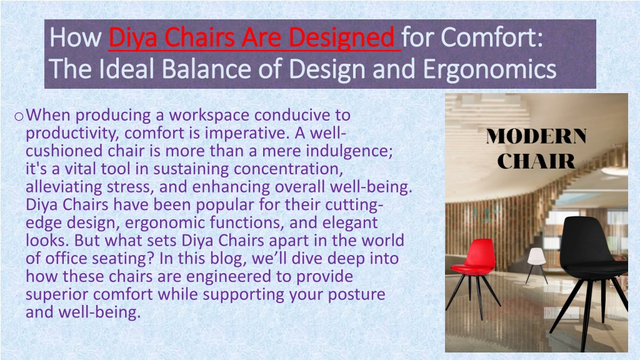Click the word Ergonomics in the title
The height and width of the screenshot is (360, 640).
(489, 69)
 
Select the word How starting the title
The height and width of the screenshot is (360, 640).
(76, 37)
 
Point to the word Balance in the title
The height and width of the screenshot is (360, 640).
(207, 69)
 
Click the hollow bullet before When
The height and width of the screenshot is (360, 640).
(18, 117)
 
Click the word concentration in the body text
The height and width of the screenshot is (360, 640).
(286, 169)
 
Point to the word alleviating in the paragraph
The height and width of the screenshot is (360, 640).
(64, 187)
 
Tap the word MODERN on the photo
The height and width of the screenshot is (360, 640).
(536, 136)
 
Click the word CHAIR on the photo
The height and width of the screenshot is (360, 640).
(536, 161)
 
